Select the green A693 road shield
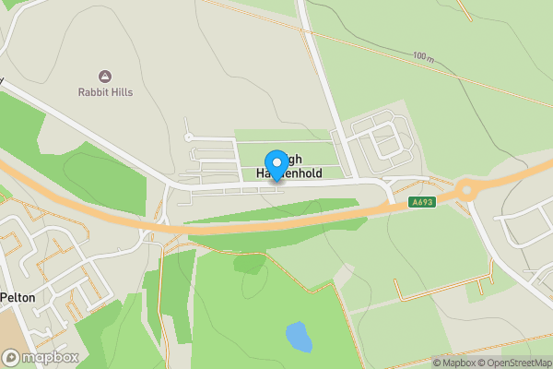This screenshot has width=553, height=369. point(422,202)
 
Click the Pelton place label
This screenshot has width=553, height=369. point(18,297)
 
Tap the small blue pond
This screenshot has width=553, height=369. point(298,337)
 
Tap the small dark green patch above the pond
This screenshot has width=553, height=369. point(248,264)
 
